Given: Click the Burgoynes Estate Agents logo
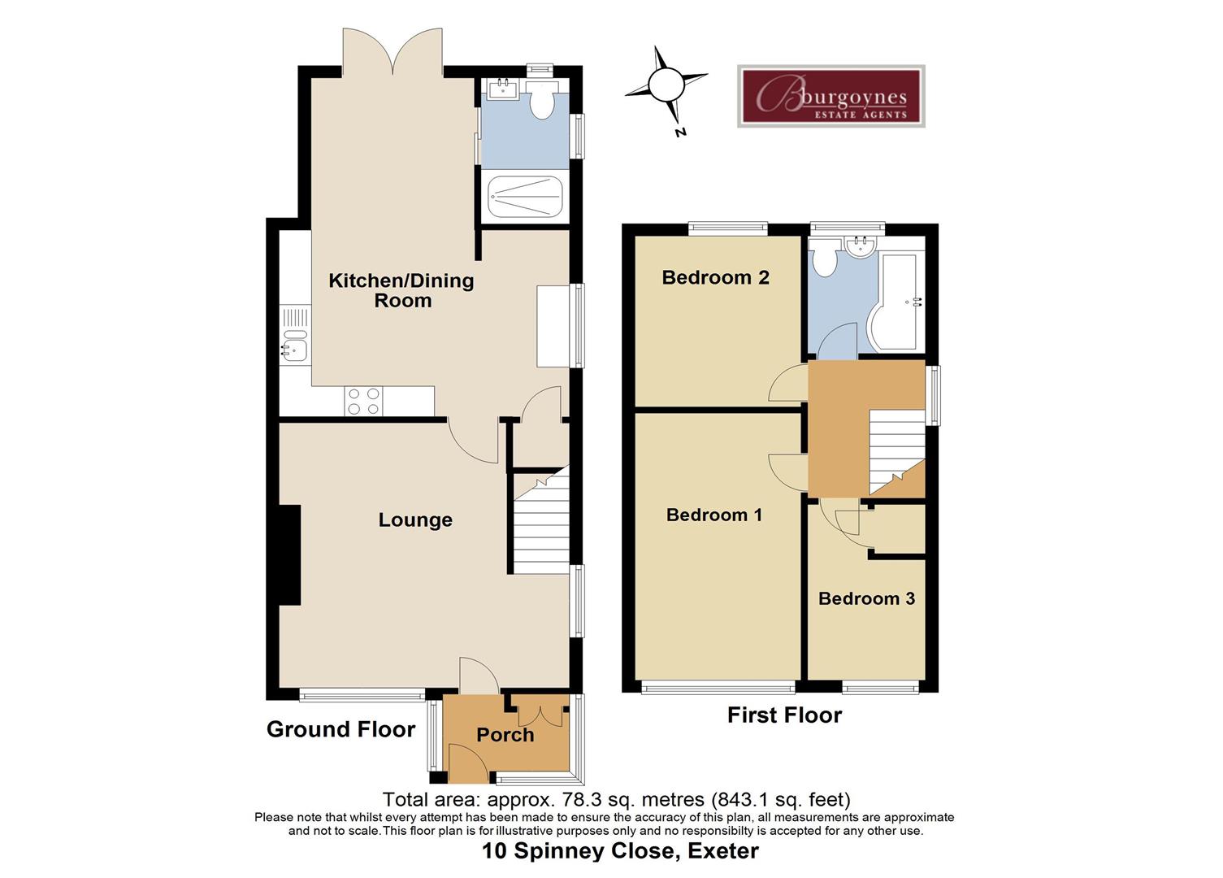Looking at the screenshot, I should tap(831, 96).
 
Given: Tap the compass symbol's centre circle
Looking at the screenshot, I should tap(666, 84).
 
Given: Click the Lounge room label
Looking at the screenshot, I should tap(415, 520).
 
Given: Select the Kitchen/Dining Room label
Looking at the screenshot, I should tap(401, 290).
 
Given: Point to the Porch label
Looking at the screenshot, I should tap(505, 735).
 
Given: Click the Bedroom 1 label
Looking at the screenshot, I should tap(713, 515).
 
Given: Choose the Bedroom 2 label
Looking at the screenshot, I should tap(715, 277).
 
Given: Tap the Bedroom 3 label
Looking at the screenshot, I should tap(866, 598).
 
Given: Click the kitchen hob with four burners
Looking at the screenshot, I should tap(363, 402).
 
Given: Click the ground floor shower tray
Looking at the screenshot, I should tap(524, 196).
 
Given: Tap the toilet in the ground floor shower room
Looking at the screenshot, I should tap(540, 101).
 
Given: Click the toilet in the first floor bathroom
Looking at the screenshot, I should tap(826, 260).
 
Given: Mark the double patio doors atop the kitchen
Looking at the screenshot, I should tap(392, 50).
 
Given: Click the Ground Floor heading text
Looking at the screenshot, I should tap(340, 729).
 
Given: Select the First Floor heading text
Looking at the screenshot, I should tap(784, 715).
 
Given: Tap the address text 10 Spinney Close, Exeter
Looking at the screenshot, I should tap(620, 851).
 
